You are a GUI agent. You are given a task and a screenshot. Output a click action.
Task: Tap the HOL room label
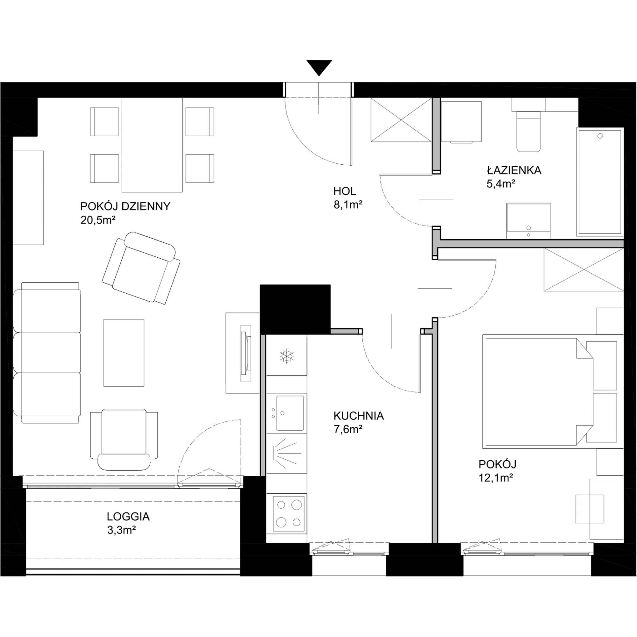click(345, 191)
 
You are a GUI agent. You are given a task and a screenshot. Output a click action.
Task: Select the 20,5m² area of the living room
click(98, 220)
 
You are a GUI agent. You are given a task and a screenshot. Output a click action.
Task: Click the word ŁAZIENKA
click(514, 170)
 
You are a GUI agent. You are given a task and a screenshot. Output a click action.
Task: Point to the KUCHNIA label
click(359, 416)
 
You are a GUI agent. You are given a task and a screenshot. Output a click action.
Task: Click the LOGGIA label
click(128, 516)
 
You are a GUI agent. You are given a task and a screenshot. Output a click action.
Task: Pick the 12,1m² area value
click(496, 478)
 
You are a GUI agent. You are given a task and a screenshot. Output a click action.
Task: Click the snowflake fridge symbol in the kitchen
click(287, 356)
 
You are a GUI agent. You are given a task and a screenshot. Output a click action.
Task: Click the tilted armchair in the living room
click(141, 268)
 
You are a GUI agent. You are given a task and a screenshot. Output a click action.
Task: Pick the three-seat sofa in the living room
click(47, 353)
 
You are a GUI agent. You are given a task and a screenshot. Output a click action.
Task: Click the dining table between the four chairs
click(152, 145)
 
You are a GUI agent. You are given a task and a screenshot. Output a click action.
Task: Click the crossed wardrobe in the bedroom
click(583, 270)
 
